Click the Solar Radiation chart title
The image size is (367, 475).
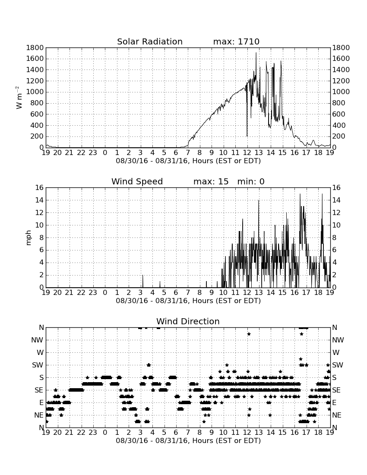click(x=149, y=41)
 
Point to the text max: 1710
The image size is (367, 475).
click(x=236, y=41)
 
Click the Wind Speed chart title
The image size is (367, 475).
click(x=137, y=181)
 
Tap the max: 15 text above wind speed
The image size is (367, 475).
click(x=211, y=181)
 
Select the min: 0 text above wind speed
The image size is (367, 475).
click(x=251, y=181)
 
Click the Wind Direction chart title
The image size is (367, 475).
click(x=188, y=321)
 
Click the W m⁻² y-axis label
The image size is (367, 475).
click(x=19, y=98)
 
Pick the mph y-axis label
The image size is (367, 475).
click(x=28, y=238)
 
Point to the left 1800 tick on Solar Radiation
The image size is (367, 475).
click(x=35, y=48)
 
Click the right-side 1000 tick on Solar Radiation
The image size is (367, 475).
click(x=341, y=92)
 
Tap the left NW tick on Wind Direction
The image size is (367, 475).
click(x=37, y=340)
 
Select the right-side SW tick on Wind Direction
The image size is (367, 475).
click(x=338, y=365)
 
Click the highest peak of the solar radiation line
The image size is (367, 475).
click(x=256, y=53)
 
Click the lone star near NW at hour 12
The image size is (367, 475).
click(x=249, y=334)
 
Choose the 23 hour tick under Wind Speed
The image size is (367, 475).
click(x=93, y=293)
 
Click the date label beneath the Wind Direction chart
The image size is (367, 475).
click(x=188, y=440)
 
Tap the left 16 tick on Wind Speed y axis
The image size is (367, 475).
click(x=39, y=188)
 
